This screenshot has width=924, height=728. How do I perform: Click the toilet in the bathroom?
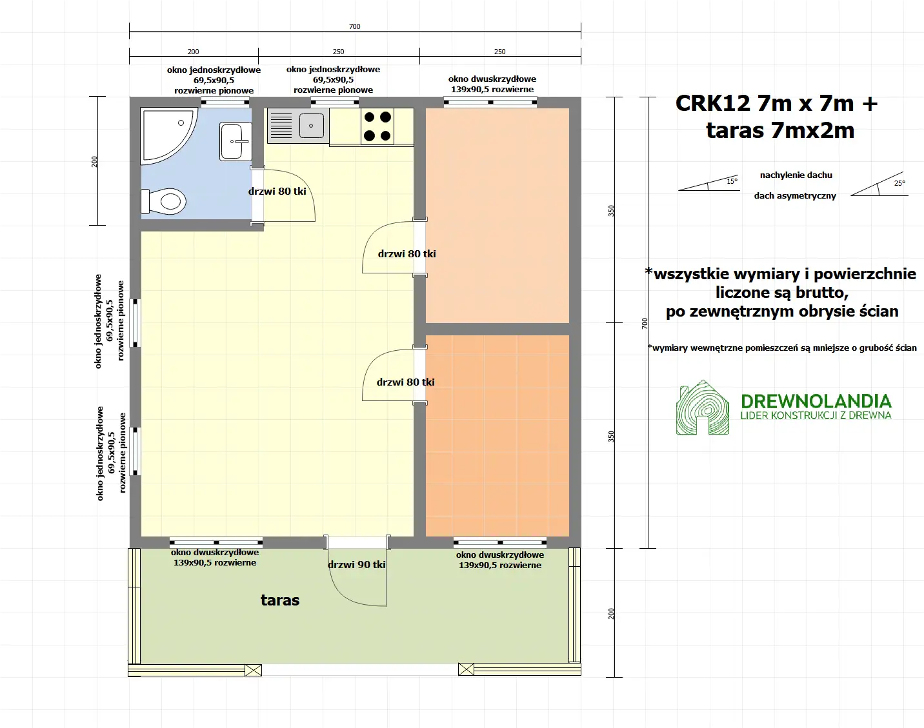tap(165, 201)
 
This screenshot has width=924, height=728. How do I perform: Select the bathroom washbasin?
tap(235, 141)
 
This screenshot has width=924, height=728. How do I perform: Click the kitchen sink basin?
tap(312, 126)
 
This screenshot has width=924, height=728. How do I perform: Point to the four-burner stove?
tap(377, 126)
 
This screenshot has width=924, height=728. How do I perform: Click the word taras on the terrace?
tap(280, 600)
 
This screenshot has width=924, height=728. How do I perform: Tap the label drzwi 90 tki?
tap(356, 565)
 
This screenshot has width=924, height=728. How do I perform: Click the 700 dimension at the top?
tap(354, 26)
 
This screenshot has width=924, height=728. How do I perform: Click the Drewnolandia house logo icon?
tap(701, 408)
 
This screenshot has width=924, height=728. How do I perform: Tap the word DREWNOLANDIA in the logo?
tap(816, 401)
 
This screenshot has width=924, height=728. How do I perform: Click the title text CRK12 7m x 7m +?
tap(776, 103)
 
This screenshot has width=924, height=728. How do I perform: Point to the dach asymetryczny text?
tap(795, 196)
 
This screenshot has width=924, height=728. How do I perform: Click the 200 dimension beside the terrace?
tap(611, 613)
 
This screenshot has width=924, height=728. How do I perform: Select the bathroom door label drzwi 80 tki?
tap(277, 192)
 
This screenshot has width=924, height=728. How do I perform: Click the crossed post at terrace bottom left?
tap(254, 670)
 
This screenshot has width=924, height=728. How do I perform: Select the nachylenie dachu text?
tap(796, 175)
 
